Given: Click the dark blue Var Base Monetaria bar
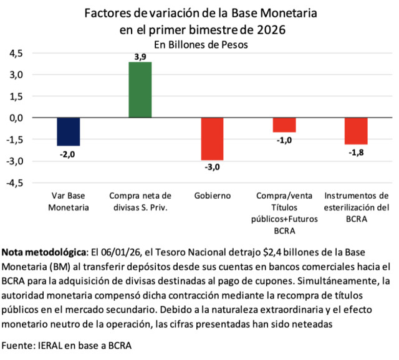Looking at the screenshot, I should click(x=68, y=131).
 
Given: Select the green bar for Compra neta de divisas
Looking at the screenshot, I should click(x=140, y=90).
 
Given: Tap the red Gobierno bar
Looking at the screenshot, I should click(x=212, y=138).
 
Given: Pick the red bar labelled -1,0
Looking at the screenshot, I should click(x=284, y=125).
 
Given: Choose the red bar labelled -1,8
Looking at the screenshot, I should click(x=356, y=131).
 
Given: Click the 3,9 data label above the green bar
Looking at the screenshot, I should click(x=141, y=57).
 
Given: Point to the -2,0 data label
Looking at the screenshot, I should click(x=68, y=153).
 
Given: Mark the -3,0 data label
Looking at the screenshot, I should click(x=212, y=167).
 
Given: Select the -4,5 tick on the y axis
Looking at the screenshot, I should click(x=15, y=183).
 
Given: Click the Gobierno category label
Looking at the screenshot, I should click(x=212, y=196).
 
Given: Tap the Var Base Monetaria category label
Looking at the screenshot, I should click(x=69, y=201).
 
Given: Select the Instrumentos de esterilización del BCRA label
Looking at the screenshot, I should click(x=356, y=207).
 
